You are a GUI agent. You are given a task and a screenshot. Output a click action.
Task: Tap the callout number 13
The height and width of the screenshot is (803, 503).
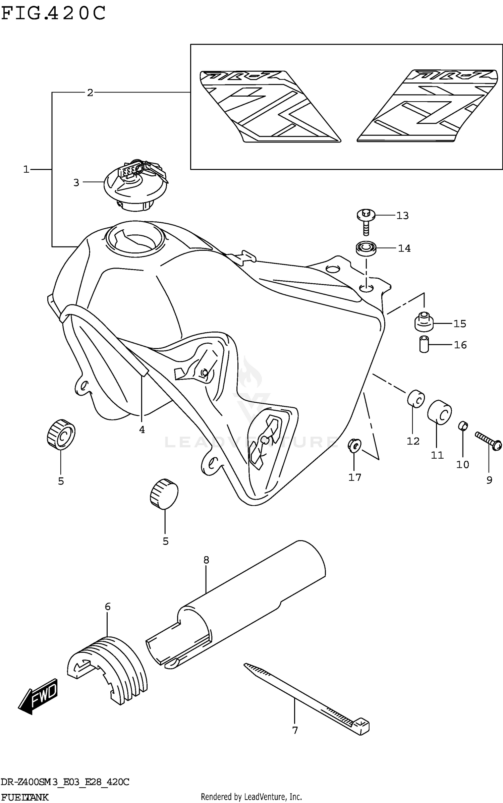pos(402,216)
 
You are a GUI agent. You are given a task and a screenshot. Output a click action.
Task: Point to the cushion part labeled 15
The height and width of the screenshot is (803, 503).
pos(424,322)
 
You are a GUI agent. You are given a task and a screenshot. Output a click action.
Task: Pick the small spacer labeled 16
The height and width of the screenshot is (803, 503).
pos(424,344)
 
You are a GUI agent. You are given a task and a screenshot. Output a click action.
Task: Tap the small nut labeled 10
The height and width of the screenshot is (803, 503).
pos(463,426)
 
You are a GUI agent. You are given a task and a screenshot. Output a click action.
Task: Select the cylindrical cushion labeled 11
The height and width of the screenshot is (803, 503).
pos(439,412)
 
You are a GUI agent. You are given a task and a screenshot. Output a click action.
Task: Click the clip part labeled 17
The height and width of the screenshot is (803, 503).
pos(354,445)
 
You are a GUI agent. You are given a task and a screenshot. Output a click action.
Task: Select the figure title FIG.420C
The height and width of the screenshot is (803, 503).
pos(54,13)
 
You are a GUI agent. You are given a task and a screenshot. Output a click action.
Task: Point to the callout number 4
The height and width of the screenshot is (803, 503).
pos(142,429)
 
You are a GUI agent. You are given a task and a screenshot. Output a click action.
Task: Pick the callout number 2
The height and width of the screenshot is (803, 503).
pos(90,93)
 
